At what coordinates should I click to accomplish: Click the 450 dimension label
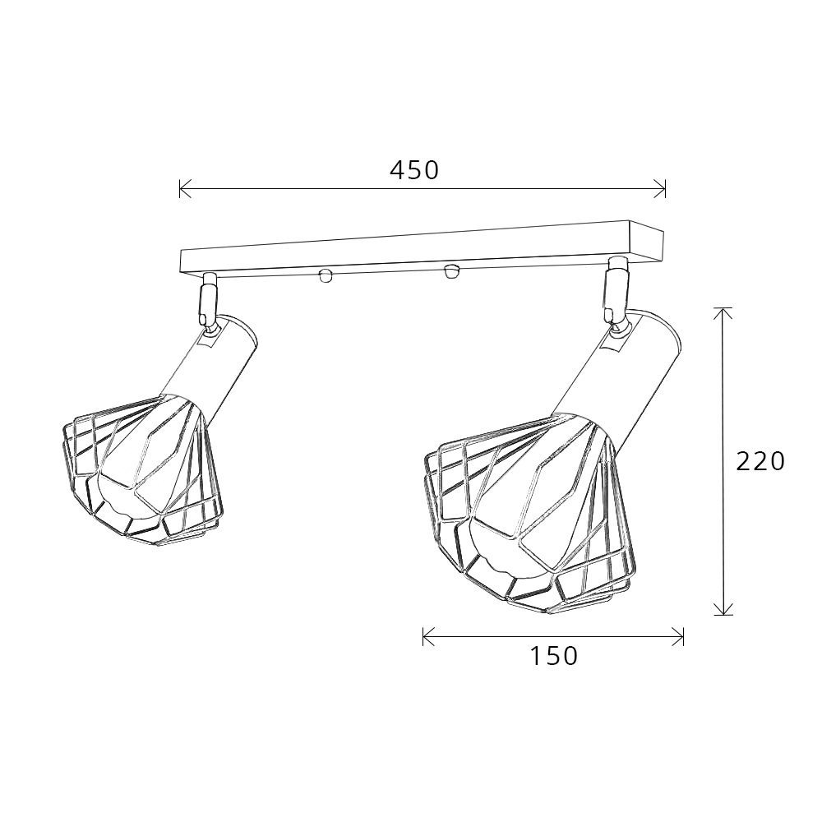click(x=414, y=170)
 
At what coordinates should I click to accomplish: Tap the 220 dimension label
click(x=760, y=461)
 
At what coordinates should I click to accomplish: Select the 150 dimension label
click(x=554, y=656)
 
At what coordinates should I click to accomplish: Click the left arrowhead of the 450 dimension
click(x=184, y=189)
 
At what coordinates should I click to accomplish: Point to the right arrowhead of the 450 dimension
click(x=661, y=189)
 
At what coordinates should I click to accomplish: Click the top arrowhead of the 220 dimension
click(x=723, y=313)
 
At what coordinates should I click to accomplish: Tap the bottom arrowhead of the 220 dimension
click(x=723, y=609)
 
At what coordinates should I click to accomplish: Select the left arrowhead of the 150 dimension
click(x=428, y=636)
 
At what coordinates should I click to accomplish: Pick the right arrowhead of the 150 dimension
click(x=678, y=636)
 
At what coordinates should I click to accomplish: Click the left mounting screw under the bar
click(x=326, y=275)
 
